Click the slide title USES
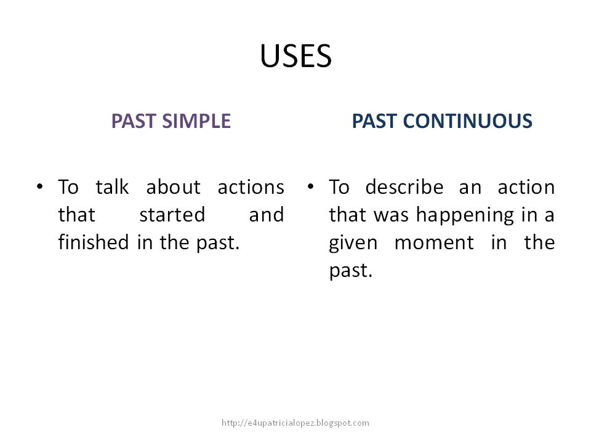(295, 57)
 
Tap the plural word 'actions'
(251, 187)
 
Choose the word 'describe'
(404, 187)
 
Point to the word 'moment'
(434, 242)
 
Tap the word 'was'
(397, 215)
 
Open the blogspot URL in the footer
(295, 423)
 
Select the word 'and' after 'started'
(267, 215)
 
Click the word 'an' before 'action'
(470, 187)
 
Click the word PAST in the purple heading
(134, 121)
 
